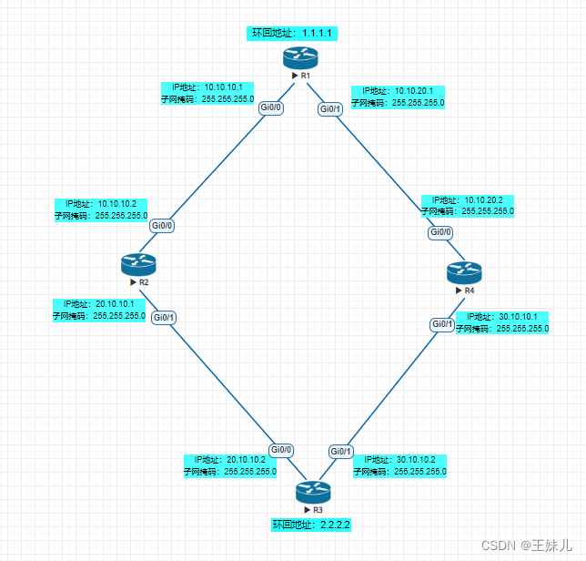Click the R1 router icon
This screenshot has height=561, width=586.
pyautogui.click(x=298, y=56)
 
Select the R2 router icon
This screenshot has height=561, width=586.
pyautogui.click(x=138, y=264)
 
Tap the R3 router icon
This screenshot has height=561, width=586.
pyautogui.click(x=314, y=492)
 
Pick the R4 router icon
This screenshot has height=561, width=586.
pyautogui.click(x=463, y=271)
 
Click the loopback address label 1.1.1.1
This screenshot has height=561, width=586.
pyautogui.click(x=295, y=33)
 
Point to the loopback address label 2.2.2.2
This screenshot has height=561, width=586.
pyautogui.click(x=311, y=525)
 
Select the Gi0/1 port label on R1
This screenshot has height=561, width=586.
pyautogui.click(x=330, y=109)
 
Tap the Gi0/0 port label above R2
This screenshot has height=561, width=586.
pyautogui.click(x=163, y=224)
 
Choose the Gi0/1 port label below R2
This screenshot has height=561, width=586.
pyautogui.click(x=164, y=317)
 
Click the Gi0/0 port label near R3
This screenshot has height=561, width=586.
pyautogui.click(x=280, y=449)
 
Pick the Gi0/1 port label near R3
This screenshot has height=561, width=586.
pyautogui.click(x=341, y=451)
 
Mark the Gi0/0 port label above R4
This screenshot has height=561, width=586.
pyautogui.click(x=441, y=232)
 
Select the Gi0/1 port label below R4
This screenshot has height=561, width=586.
pyautogui.click(x=442, y=324)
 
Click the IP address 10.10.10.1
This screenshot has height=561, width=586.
pyautogui.click(x=229, y=87)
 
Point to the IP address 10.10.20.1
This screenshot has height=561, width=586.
pyautogui.click(x=419, y=91)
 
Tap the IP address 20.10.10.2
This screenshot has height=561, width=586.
pyautogui.click(x=250, y=460)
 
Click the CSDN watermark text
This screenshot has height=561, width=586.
pyautogui.click(x=526, y=545)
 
